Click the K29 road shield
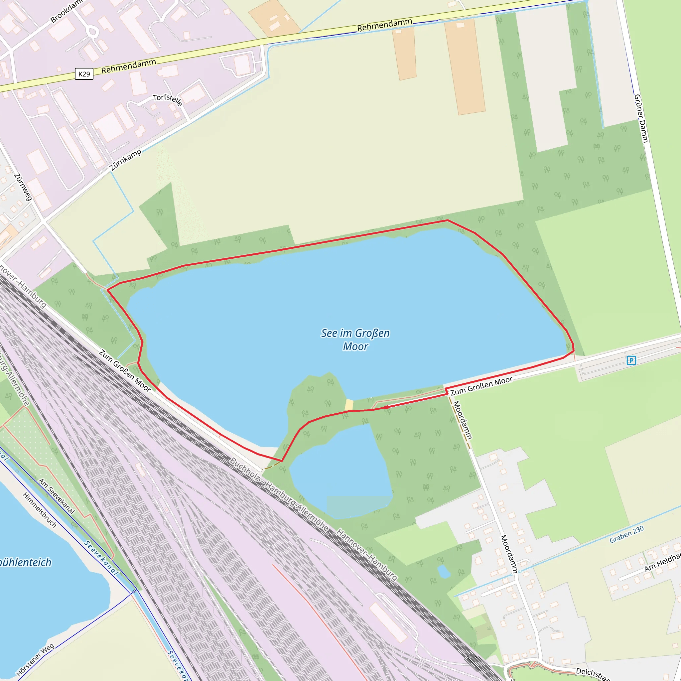point(84,74)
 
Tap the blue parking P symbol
point(631,360)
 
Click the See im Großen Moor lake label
point(355,340)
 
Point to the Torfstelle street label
point(168,100)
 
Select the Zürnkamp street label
point(126,160)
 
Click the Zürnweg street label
point(23,187)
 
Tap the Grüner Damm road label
point(641,118)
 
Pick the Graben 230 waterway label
point(627,534)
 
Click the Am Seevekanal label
point(57,496)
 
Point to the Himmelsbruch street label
point(40,510)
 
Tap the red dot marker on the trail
point(386,407)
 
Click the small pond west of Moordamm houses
point(444,572)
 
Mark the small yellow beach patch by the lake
point(349,405)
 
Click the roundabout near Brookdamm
point(92,32)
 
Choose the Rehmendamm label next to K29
point(129,66)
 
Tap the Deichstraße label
point(592,673)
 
